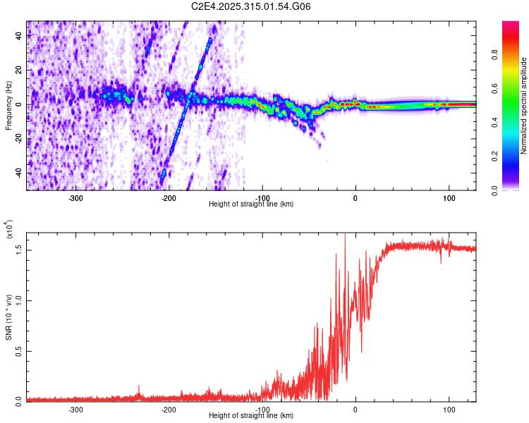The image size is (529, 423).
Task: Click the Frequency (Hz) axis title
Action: (8, 106)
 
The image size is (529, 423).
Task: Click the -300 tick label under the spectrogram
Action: (75, 198)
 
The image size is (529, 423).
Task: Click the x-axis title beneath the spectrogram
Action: (251, 204)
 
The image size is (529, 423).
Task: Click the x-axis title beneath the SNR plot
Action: (251, 416)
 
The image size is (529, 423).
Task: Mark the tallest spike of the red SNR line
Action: (344, 236)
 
